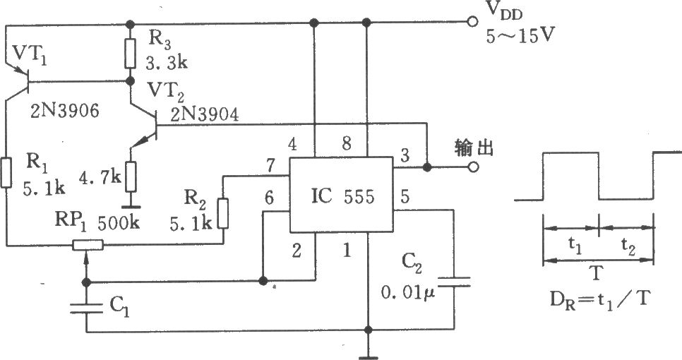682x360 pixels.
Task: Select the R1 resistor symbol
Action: click(6, 173)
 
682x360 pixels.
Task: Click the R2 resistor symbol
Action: click(223, 213)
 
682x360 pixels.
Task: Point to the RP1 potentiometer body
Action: click(88, 246)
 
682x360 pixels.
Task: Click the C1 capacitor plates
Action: click(87, 306)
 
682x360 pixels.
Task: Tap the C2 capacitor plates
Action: click(450, 283)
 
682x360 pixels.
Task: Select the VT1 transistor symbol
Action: click(21, 80)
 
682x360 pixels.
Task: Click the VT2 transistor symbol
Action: click(145, 131)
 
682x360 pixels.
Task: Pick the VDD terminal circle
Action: click(473, 22)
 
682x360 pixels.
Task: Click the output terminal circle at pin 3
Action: click(473, 168)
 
